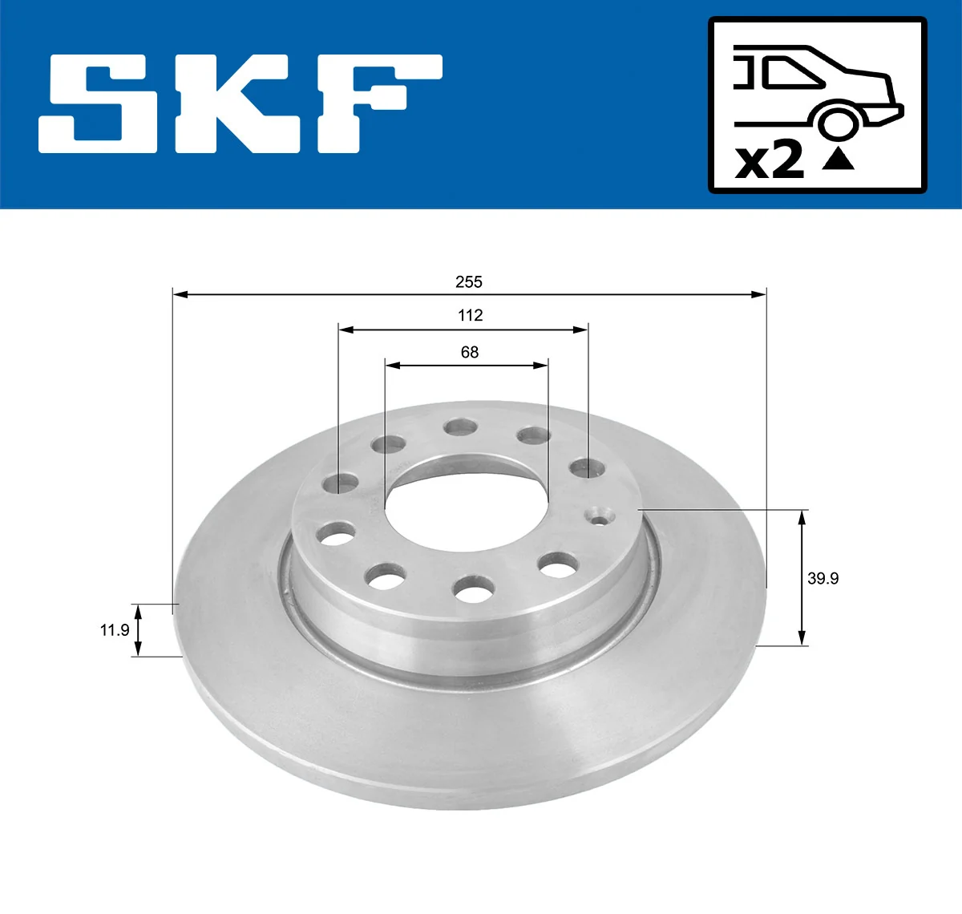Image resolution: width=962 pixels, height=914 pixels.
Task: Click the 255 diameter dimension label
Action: click(x=469, y=281)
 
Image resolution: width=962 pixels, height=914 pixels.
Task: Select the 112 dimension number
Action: click(x=471, y=315)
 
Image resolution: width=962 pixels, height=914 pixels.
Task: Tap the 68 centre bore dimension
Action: click(x=470, y=352)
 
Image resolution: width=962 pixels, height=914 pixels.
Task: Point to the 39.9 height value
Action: click(x=823, y=578)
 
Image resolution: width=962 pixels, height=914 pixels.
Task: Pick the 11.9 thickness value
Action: click(x=114, y=630)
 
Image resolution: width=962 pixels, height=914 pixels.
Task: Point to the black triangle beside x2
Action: click(x=839, y=159)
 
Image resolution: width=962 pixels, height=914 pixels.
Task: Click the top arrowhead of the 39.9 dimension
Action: click(x=802, y=516)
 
